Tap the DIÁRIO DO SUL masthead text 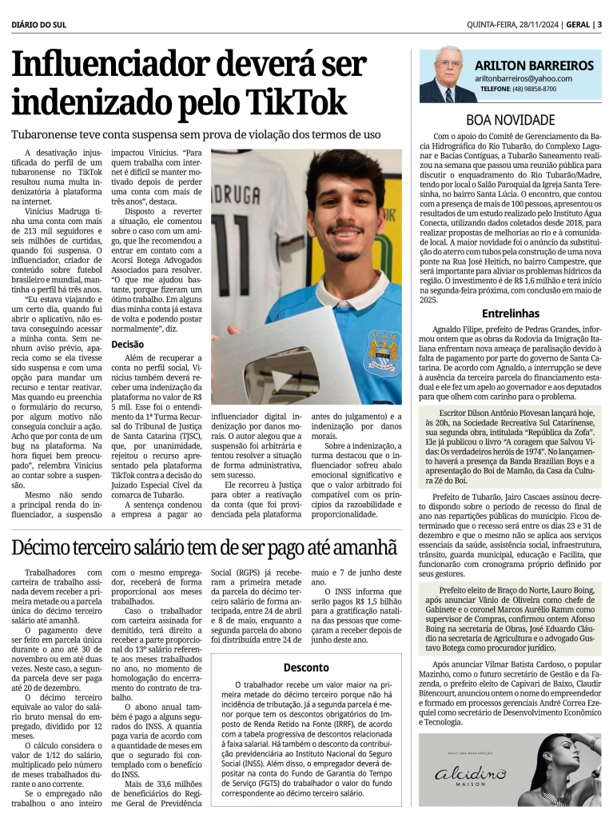(x=39, y=24)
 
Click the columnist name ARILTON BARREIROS (x=534, y=66)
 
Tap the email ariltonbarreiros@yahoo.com (x=523, y=78)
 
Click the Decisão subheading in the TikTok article (x=127, y=344)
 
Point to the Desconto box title (x=306, y=667)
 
